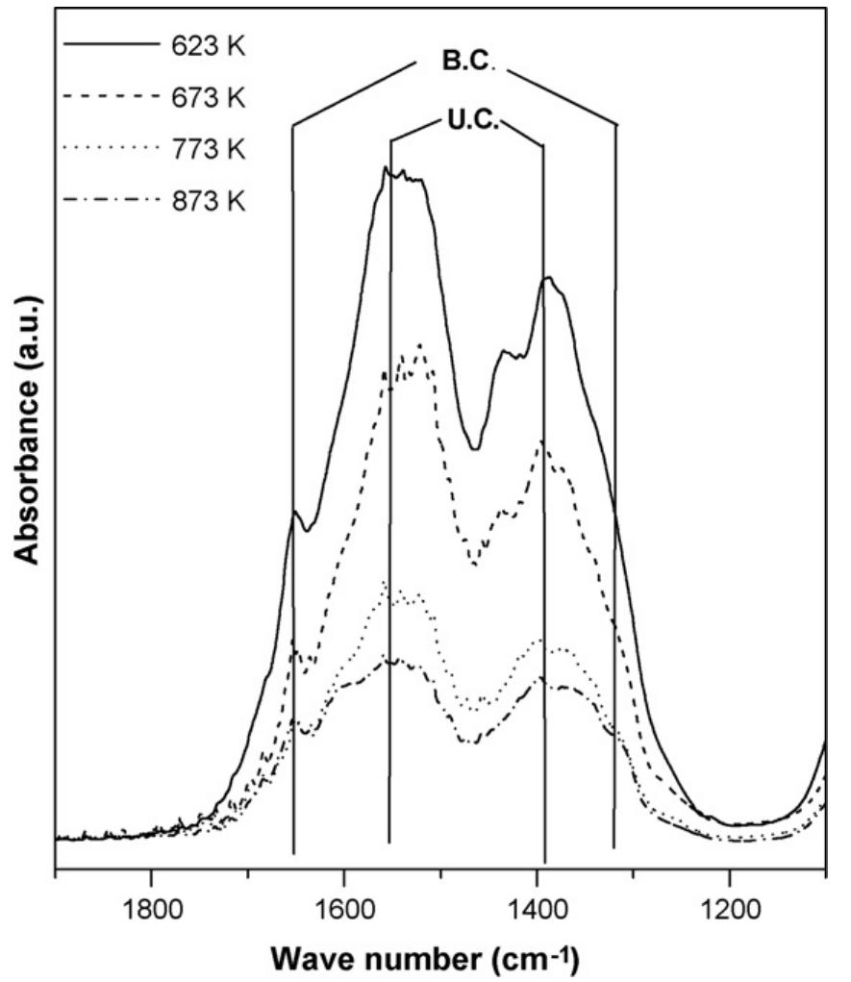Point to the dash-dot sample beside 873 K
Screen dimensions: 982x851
108,202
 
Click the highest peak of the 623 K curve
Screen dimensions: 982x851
386,168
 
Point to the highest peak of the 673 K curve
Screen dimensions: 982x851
419,344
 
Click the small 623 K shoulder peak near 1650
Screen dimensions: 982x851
296,512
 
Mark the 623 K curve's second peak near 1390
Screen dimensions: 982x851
547,278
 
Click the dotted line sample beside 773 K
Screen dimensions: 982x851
108,150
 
